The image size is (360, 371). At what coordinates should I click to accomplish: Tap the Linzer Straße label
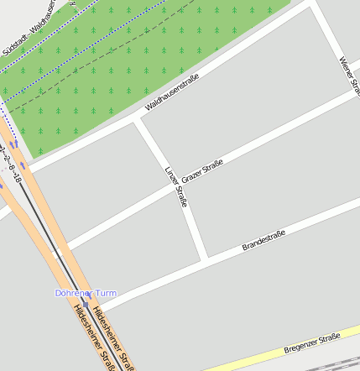coord(176,185)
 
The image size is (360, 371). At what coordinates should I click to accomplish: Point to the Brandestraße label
coord(263,240)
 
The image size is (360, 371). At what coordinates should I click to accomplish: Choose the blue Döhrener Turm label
coord(86,293)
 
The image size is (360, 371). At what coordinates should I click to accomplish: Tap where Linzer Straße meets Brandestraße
coord(204,259)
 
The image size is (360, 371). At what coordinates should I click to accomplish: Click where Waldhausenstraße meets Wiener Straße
coord(315,5)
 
